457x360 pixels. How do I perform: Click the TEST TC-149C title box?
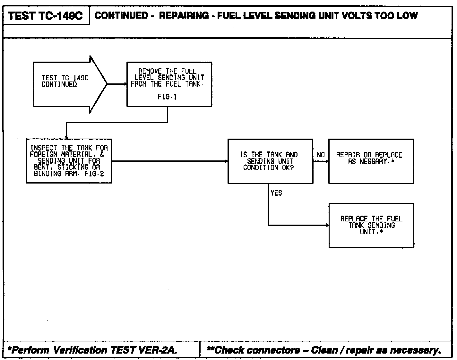point(46,15)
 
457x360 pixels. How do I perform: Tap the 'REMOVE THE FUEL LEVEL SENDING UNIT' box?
point(169,84)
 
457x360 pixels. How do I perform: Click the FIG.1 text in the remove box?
point(167,97)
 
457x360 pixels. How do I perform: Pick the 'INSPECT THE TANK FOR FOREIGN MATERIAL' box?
point(69,161)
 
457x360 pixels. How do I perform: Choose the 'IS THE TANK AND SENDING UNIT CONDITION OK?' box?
point(270,161)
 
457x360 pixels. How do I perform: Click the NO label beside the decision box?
point(321,155)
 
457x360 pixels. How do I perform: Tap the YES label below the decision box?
point(276,193)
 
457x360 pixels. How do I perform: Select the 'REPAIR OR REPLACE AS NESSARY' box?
point(371,161)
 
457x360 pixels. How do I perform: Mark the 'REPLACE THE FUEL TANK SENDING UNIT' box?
point(371,225)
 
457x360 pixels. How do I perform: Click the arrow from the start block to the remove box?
point(117,84)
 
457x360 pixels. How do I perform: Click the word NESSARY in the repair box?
point(374,161)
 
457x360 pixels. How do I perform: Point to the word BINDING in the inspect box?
point(47,174)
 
